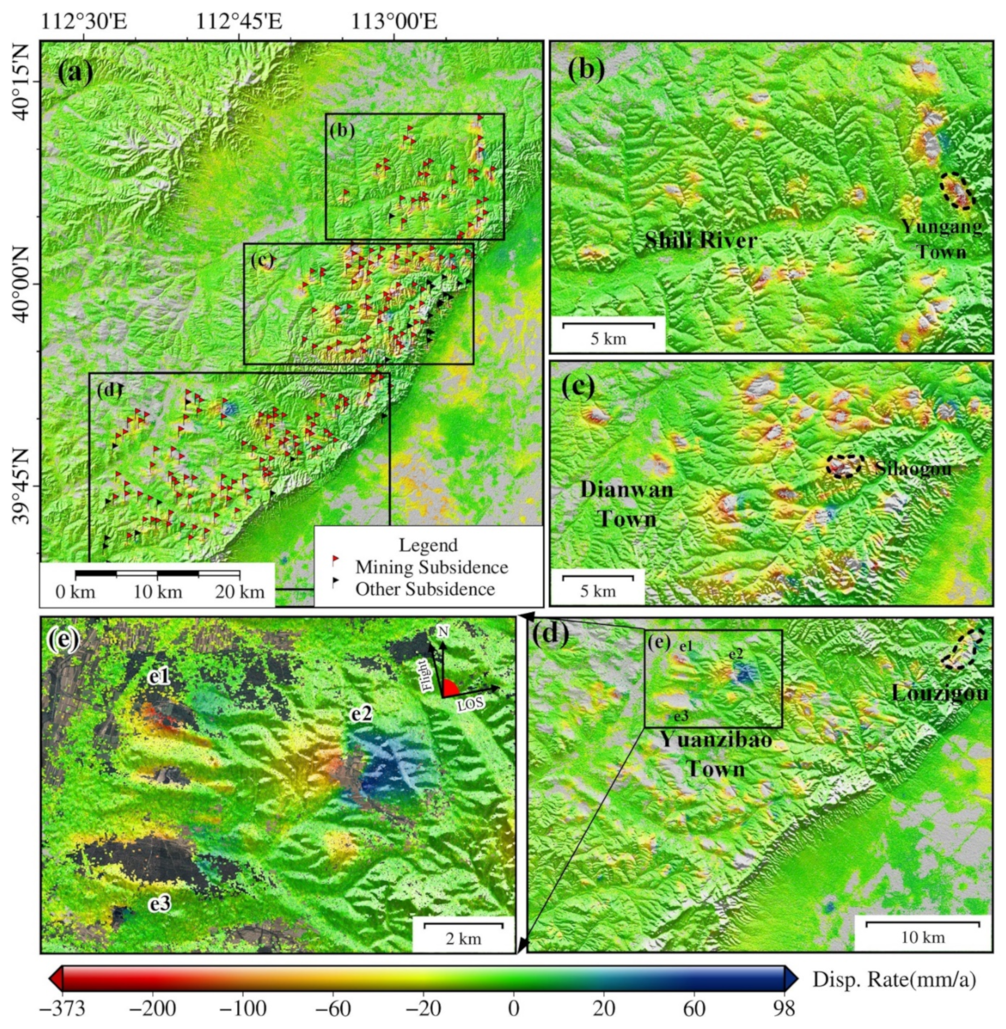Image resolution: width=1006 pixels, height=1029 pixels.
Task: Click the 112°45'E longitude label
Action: pyautogui.click(x=239, y=23)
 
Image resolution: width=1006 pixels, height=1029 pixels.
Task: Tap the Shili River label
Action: pyautogui.click(x=700, y=241)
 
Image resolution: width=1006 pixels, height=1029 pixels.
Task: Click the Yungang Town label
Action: pyautogui.click(x=942, y=239)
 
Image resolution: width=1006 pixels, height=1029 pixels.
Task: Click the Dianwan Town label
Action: pyautogui.click(x=627, y=504)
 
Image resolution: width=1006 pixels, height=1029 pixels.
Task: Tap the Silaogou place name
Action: pyautogui.click(x=913, y=468)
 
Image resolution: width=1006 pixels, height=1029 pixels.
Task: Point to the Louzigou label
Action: pyautogui.click(x=940, y=693)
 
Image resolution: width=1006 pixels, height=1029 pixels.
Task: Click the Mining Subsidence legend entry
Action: pyautogui.click(x=431, y=567)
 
